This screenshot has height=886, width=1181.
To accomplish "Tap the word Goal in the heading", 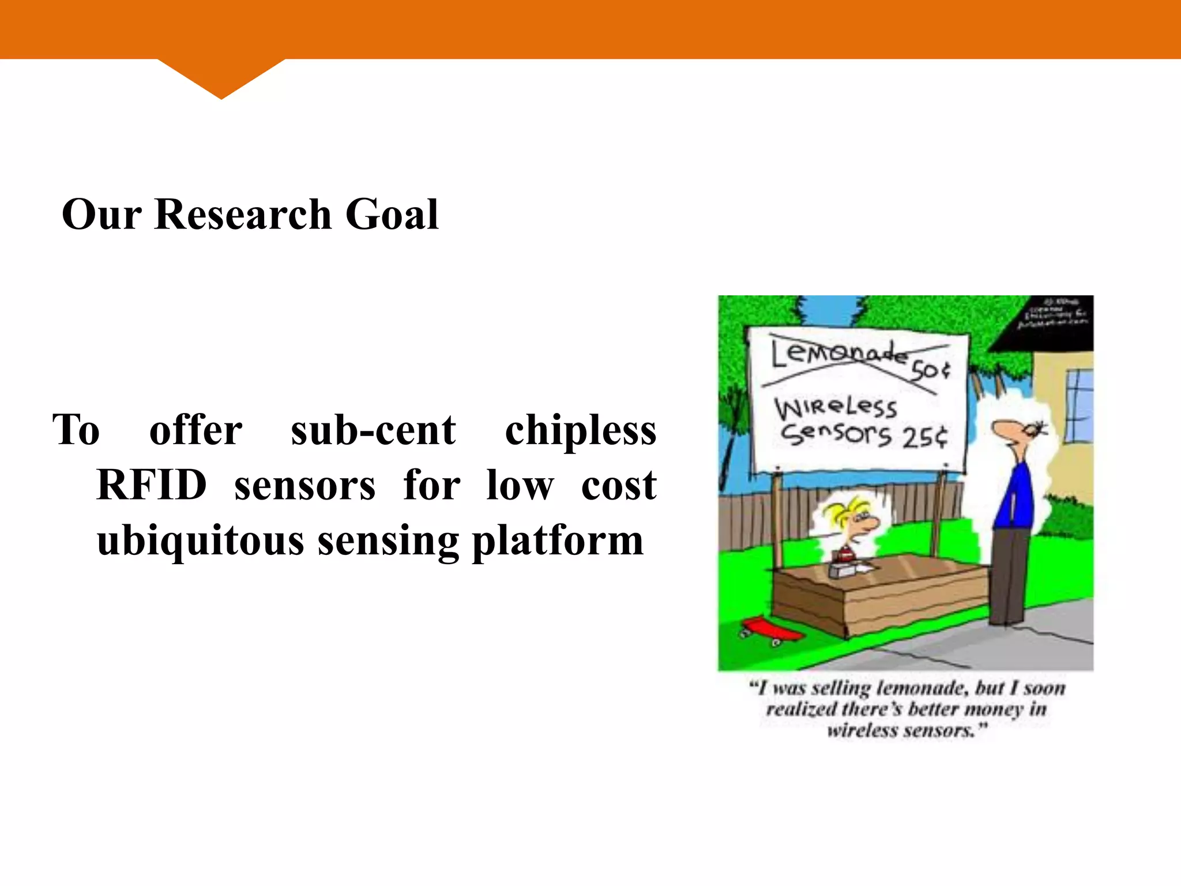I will click(x=392, y=215).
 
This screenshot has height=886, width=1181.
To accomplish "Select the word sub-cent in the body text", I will click(x=373, y=430).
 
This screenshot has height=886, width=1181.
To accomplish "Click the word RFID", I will click(x=152, y=485).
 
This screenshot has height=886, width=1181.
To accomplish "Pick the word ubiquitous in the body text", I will click(x=200, y=541).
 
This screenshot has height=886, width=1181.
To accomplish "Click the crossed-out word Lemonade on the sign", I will click(x=839, y=353).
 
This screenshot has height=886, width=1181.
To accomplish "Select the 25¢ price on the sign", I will click(x=924, y=437).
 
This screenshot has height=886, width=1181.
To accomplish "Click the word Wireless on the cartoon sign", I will click(x=836, y=407).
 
